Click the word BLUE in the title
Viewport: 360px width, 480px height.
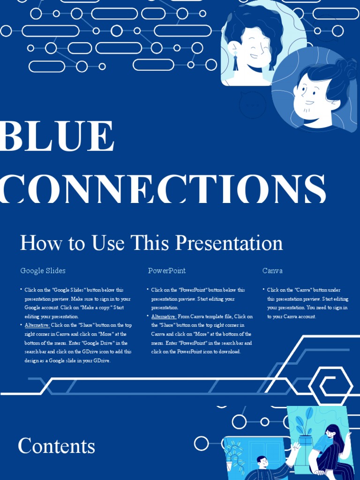pos(57,136)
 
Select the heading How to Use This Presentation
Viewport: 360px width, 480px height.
pos(151,243)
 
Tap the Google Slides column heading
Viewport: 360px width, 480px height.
pos(43,271)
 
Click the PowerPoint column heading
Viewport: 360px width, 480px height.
pos(167,271)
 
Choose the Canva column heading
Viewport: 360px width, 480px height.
pos(272,271)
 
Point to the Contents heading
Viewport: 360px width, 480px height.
pos(56,446)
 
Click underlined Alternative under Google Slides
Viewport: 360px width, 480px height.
pos(37,325)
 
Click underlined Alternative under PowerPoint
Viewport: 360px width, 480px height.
pos(163,316)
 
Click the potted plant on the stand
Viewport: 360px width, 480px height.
pos(305,431)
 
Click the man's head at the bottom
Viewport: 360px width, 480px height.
pos(262,461)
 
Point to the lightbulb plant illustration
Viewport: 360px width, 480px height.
pos(234,455)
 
